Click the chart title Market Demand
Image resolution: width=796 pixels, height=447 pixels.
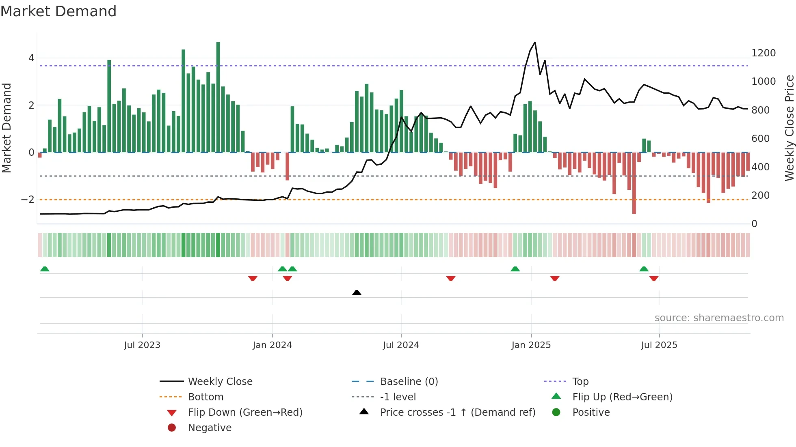(x=58, y=11)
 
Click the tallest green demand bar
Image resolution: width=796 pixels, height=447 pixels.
(x=218, y=97)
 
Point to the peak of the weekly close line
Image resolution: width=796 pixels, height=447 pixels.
(x=535, y=43)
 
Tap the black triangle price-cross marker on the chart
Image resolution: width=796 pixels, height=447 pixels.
(x=357, y=292)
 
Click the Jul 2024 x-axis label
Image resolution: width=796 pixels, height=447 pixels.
(x=401, y=345)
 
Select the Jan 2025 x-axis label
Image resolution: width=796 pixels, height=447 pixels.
(x=531, y=345)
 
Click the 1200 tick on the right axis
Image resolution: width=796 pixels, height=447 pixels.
(x=763, y=53)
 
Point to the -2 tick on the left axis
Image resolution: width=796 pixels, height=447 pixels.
(x=28, y=199)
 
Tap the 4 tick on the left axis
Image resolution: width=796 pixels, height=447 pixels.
(x=31, y=58)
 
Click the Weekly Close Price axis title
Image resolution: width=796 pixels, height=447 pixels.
(x=789, y=128)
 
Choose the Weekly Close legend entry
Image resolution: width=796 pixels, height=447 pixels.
(x=220, y=381)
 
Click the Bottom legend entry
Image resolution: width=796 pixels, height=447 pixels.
(x=205, y=397)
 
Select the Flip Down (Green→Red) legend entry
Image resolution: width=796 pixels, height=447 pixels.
(x=245, y=412)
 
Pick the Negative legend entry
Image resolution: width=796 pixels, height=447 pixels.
(x=210, y=428)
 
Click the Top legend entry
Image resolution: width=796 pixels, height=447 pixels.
(x=580, y=381)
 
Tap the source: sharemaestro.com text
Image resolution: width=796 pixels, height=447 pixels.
(x=719, y=318)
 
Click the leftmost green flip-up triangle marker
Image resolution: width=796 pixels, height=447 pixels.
(x=45, y=269)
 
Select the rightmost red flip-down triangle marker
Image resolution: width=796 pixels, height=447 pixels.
(x=653, y=278)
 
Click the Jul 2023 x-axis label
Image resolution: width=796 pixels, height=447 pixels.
(x=142, y=345)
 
